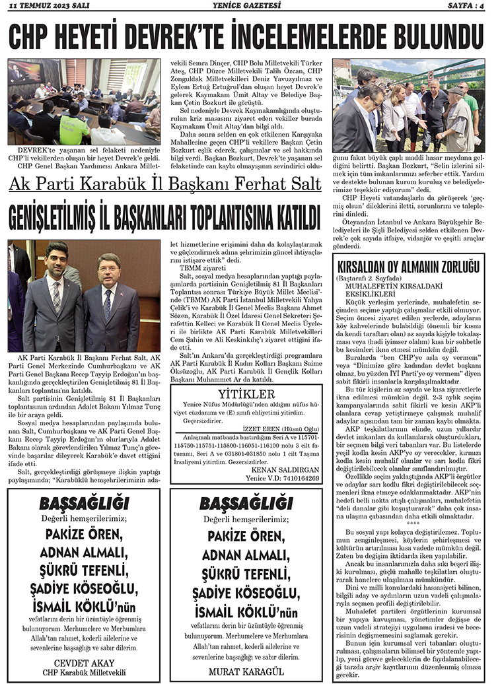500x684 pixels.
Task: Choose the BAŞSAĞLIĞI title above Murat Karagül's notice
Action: [246, 504]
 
